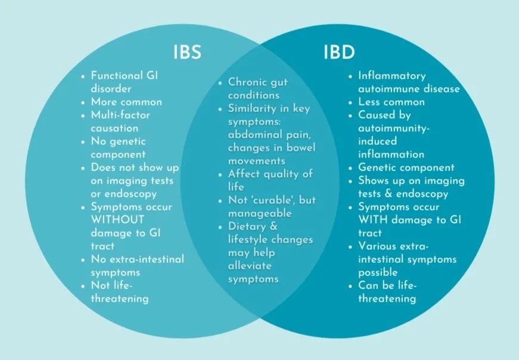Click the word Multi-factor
coord(120,115)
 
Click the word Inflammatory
coord(391,76)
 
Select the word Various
coord(378,246)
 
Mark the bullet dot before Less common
coord(350,103)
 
